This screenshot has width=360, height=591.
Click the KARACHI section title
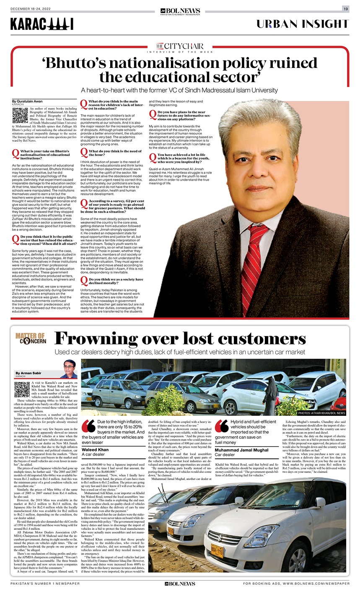[x=42, y=25]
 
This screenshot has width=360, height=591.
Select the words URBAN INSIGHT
[x=303, y=24]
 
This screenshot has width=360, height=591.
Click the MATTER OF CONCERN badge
[x=31, y=338]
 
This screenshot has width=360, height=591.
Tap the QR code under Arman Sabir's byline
[x=22, y=389]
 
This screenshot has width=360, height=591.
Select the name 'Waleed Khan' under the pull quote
[x=95, y=450]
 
